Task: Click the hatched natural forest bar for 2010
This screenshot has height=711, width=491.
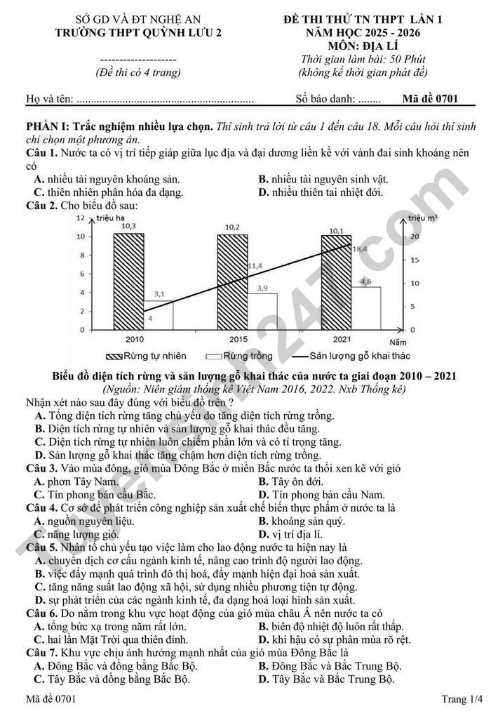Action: point(128,281)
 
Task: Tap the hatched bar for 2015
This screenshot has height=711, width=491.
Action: point(232,281)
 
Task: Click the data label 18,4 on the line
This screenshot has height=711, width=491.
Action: point(360,248)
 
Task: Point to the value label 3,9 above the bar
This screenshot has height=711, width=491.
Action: point(262,288)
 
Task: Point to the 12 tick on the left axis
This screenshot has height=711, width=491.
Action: point(80,218)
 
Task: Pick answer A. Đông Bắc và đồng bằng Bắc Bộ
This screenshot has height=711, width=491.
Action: point(116,665)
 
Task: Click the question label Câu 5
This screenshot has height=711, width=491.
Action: point(41,547)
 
